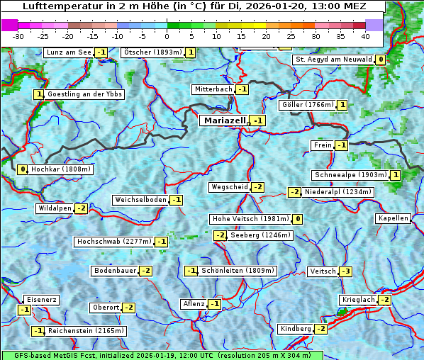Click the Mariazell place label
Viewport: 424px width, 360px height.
coord(224,120)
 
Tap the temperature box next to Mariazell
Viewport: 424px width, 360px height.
coord(257,121)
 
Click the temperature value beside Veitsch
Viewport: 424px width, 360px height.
coord(345,271)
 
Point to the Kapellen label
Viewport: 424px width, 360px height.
coord(394,218)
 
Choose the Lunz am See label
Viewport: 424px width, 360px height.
coord(69,52)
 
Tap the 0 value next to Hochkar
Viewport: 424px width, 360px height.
coord(23,169)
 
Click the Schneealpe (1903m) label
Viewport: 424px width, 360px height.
coord(350,175)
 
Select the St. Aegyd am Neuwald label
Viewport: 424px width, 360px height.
coord(333,60)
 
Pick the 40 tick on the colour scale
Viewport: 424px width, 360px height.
coord(365,35)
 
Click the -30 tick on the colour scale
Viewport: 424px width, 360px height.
coord(18,35)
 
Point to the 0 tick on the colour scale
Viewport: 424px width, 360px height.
coord(167,35)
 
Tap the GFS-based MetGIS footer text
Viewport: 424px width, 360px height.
coord(162,355)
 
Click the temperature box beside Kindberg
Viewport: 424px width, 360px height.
coord(320,329)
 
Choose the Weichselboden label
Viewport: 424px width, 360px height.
coord(140,201)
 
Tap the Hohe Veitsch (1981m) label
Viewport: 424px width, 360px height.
coord(250,219)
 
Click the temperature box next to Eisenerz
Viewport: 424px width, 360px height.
coord(25,310)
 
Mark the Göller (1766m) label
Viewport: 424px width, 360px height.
coord(307,105)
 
